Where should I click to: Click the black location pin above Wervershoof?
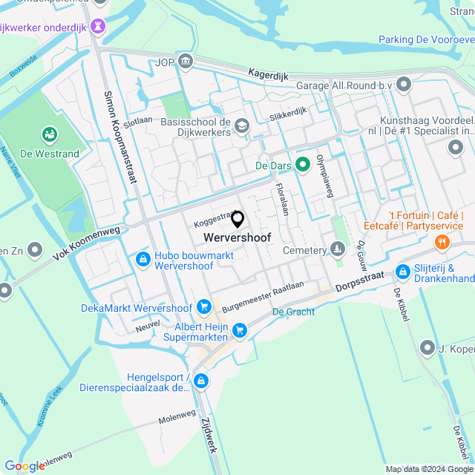coord(237,220)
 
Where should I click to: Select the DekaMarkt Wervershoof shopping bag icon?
coord(204,307)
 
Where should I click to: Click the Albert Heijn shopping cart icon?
coord(239,330)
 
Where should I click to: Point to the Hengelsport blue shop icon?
coord(200,381)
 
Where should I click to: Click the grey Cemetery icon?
coord(338,249)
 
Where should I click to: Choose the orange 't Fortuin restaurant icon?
coord(442,242)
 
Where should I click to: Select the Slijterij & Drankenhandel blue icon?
coord(403,272)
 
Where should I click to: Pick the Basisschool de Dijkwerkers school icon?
coord(241,128)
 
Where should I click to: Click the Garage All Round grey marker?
coord(404,85)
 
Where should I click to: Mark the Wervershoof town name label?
coord(237,237)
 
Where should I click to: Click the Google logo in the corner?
coord(24,465)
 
